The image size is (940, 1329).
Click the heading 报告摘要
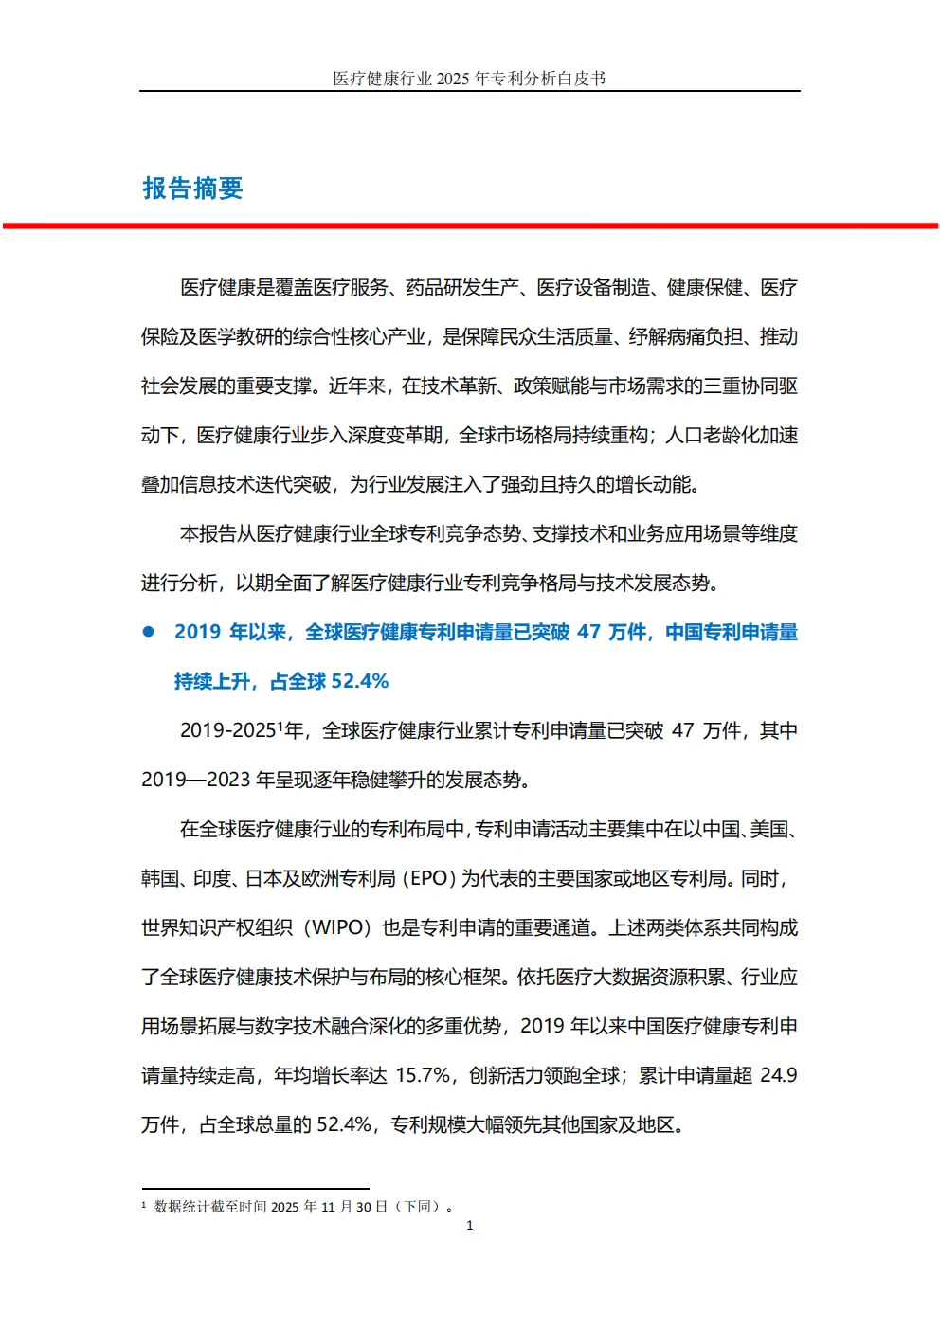coord(192,189)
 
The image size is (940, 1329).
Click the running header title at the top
coord(469,79)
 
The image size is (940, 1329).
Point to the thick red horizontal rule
coord(470,225)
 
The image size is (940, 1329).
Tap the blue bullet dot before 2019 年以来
coord(148,632)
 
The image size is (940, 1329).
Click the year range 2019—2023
coord(196,780)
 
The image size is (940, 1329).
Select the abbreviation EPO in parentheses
coord(428,878)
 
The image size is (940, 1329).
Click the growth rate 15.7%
coord(424,1075)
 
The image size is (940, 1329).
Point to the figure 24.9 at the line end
coord(779,1075)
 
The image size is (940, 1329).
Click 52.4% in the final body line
coord(344,1124)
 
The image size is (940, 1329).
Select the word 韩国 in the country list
coord(159,878)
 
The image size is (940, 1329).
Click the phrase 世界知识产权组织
coord(216,927)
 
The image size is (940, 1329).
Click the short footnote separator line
coord(255,1188)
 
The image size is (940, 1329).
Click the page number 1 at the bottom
coord(469,1225)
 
